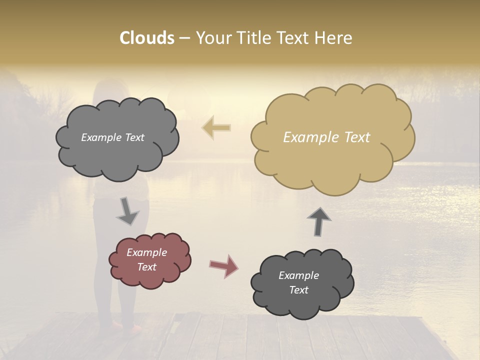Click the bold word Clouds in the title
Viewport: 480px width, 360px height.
pyautogui.click(x=147, y=38)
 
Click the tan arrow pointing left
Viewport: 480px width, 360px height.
pyautogui.click(x=216, y=127)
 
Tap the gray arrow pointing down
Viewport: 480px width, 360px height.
pyautogui.click(x=128, y=211)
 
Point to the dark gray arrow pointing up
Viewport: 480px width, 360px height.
pyautogui.click(x=319, y=221)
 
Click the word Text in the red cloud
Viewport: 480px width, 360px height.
pyautogui.click(x=147, y=267)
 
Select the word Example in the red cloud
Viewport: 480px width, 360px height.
pyautogui.click(x=147, y=252)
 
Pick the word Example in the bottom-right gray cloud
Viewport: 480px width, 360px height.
pyautogui.click(x=298, y=275)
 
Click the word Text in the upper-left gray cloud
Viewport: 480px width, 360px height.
pyautogui.click(x=133, y=137)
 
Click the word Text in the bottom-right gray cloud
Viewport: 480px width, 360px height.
pyautogui.click(x=298, y=290)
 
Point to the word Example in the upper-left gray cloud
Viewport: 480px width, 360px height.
pyautogui.click(x=100, y=137)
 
